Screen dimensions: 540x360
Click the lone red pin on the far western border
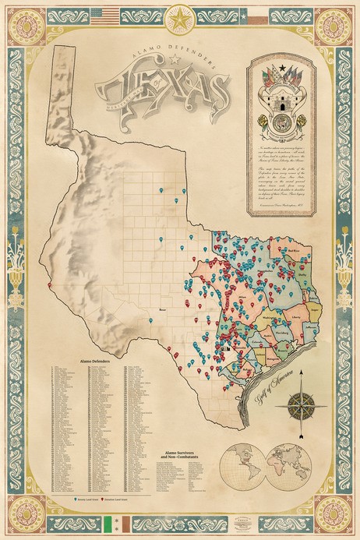pos(49,285)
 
